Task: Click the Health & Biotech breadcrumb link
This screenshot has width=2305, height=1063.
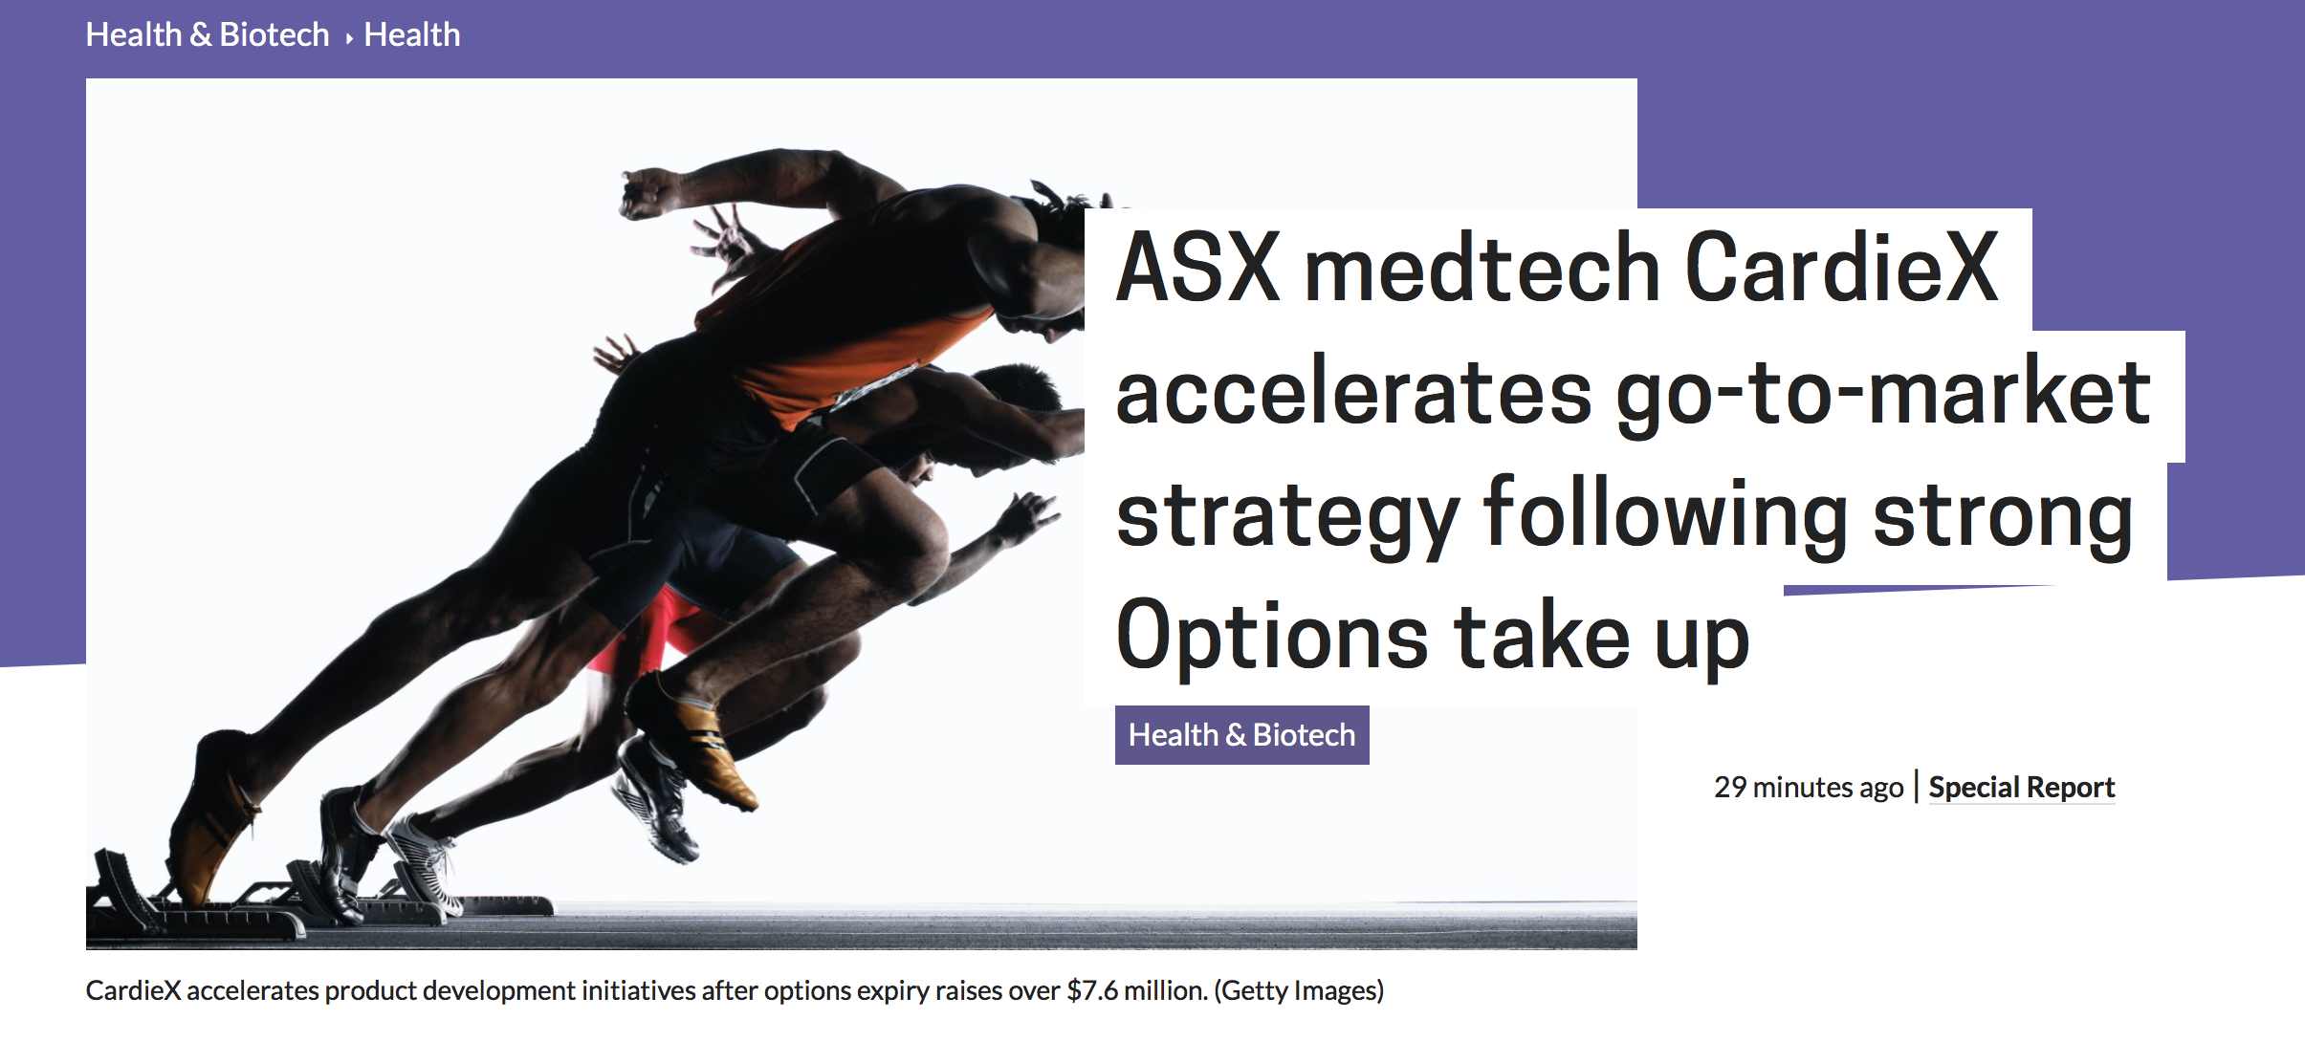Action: tap(208, 35)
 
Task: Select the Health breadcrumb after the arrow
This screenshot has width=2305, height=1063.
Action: tap(412, 35)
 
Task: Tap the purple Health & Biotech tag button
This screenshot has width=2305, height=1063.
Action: tap(1241, 735)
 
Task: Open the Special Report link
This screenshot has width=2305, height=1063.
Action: tap(2021, 788)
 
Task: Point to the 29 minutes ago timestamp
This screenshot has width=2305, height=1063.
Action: tap(1809, 788)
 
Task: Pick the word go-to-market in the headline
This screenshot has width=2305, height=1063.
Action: tap(1882, 394)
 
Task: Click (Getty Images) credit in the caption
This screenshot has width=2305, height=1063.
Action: tap(1299, 991)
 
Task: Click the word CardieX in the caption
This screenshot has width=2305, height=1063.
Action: tap(133, 990)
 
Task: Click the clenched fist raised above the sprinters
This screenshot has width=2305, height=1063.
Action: tap(650, 191)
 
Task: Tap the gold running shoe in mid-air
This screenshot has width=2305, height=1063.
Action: tap(693, 741)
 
